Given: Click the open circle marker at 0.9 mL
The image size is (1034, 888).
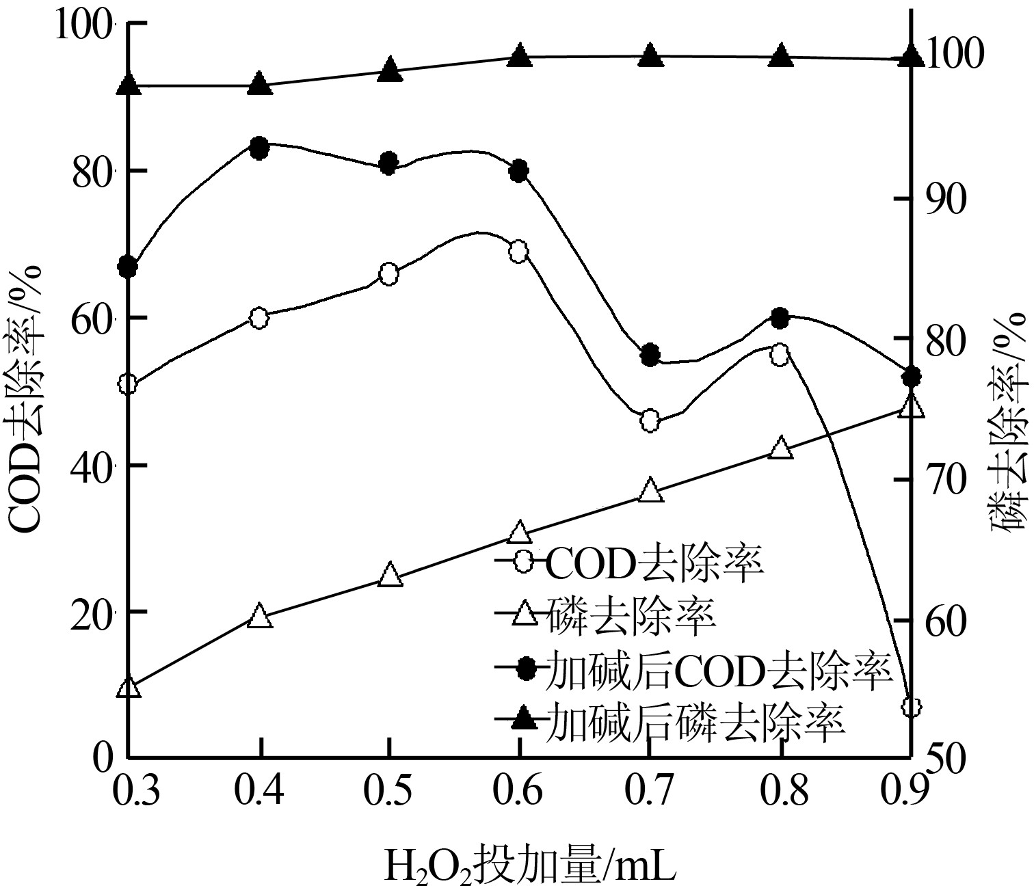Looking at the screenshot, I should click(910, 706).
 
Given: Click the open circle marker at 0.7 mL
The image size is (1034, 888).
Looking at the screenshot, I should click(650, 421).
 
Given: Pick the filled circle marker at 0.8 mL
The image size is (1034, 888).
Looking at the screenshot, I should click(780, 317).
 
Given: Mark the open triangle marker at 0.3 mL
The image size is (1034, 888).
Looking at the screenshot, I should click(129, 687).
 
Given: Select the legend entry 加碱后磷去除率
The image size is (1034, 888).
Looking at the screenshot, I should click(696, 721).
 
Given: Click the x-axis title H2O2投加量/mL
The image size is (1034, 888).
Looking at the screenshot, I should click(531, 865).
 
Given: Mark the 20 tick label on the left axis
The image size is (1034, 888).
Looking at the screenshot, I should click(92, 611).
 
